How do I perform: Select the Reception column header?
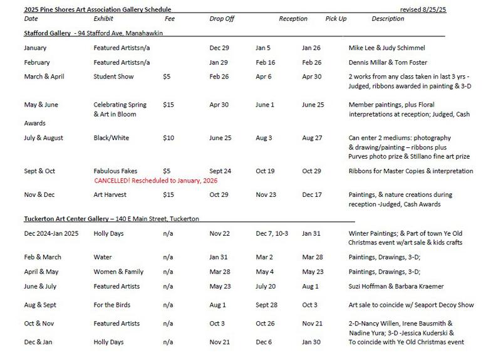coord(292,19)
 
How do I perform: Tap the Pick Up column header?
coord(336,19)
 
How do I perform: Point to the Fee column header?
coord(170,19)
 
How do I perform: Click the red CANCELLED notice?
coord(155,181)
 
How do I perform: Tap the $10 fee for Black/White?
coord(168,138)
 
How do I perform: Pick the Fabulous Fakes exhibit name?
coord(115,171)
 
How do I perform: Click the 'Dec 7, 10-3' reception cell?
coord(272,234)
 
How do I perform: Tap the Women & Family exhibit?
coord(118,272)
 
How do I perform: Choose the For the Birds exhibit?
coord(113,305)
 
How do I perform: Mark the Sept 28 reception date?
coord(267,305)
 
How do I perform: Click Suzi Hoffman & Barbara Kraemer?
coord(396,287)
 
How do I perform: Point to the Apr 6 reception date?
coord(264,77)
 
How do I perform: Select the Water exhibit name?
coord(102,257)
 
